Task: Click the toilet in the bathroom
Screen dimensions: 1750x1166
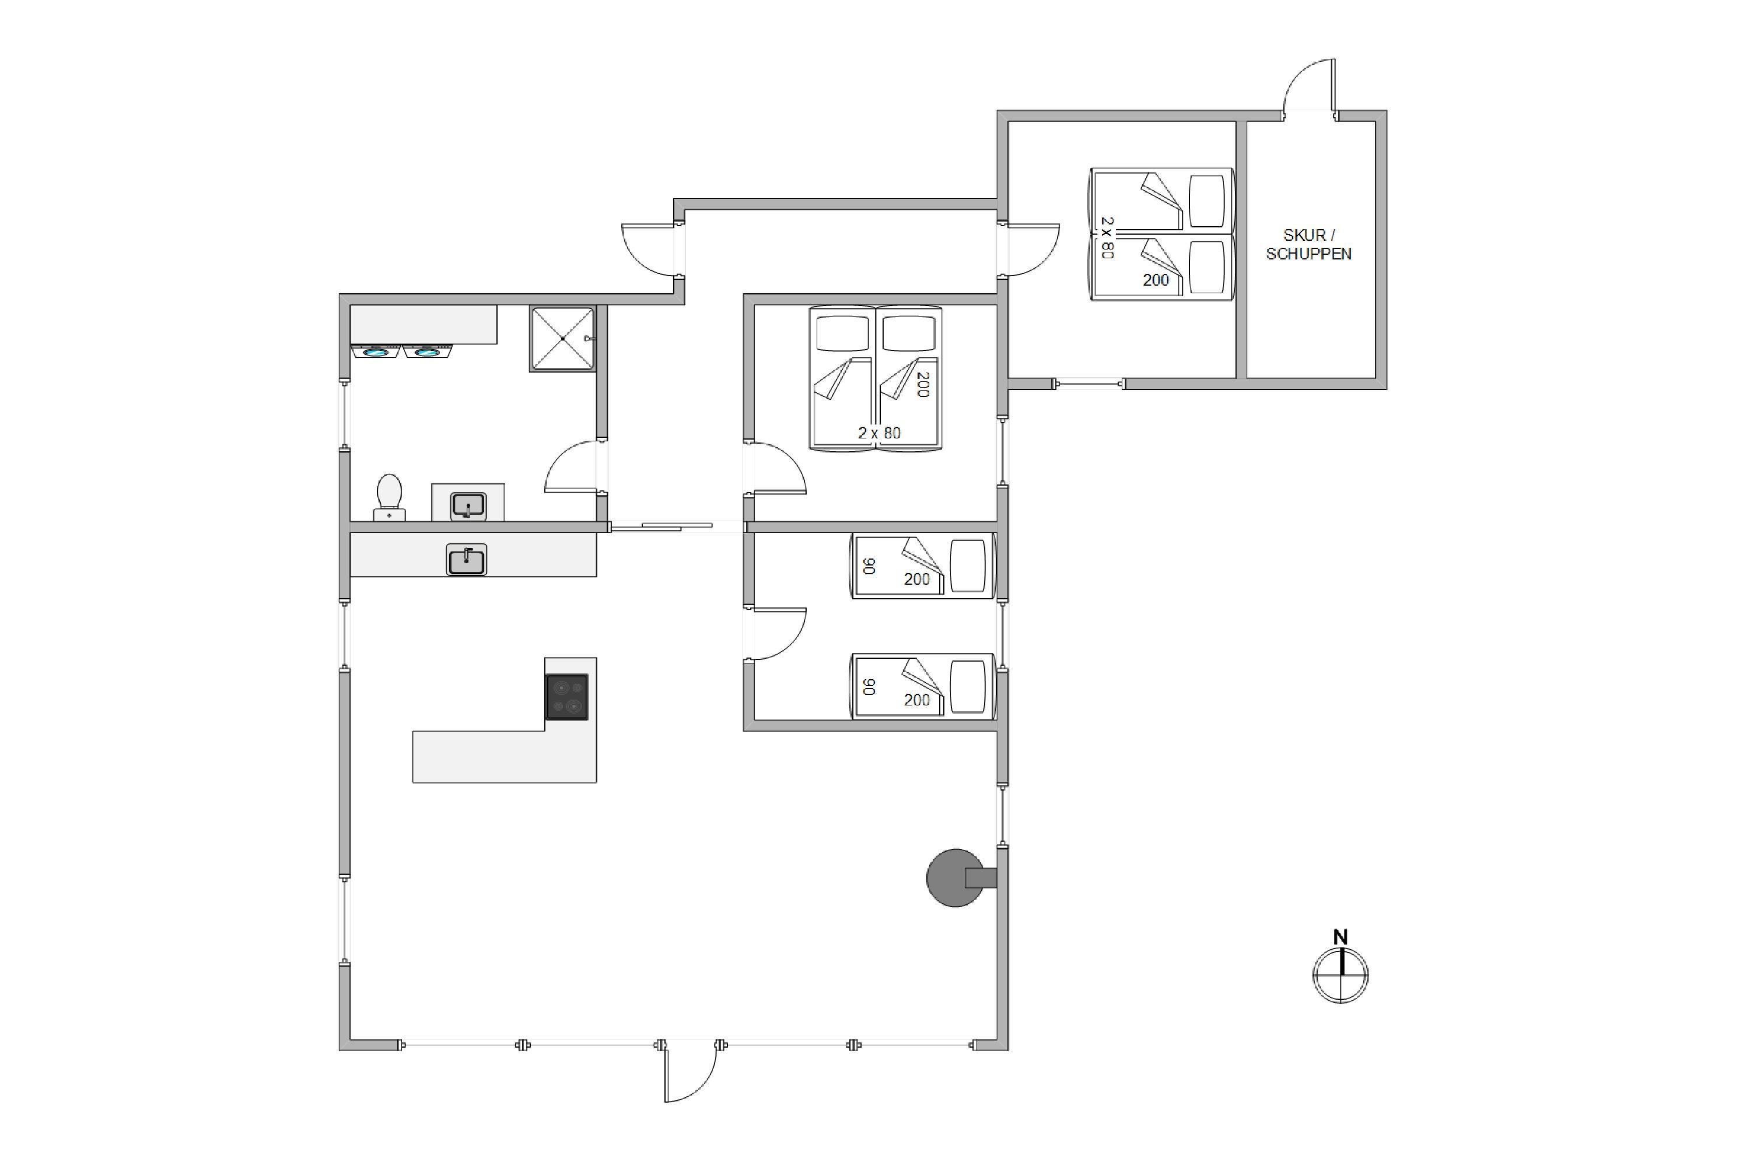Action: point(389,497)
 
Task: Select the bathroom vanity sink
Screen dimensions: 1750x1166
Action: point(468,505)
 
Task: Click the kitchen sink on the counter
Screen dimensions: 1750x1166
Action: point(467,559)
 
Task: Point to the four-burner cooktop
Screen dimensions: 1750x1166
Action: point(567,697)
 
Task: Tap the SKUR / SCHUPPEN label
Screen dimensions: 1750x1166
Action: point(1309,245)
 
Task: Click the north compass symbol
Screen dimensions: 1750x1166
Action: point(1340,975)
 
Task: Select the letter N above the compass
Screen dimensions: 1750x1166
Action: point(1340,937)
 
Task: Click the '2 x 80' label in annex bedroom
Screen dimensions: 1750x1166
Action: point(1107,238)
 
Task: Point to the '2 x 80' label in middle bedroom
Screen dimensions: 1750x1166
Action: point(880,433)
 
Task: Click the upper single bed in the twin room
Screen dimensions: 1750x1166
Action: point(923,566)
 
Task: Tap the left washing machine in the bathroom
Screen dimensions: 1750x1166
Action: point(376,351)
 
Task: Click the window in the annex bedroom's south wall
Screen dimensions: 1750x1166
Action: point(1088,384)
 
